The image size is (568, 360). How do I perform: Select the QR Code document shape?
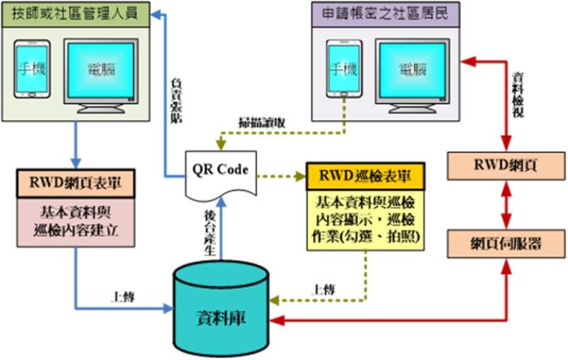219,174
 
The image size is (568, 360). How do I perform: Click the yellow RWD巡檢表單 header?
366,175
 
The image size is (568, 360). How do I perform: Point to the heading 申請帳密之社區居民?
387,13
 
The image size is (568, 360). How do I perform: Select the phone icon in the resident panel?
342,69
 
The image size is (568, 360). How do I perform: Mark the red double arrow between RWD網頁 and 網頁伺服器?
505,204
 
